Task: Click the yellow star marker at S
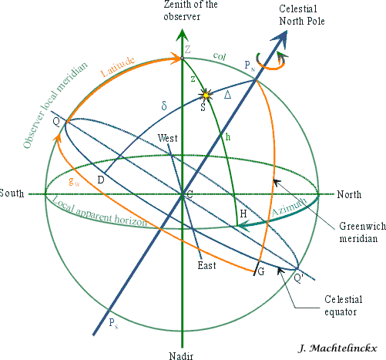click(x=206, y=96)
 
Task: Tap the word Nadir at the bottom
click(x=181, y=356)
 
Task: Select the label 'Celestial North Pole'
click(x=302, y=15)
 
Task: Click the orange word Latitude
click(x=118, y=66)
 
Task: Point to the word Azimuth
click(x=289, y=207)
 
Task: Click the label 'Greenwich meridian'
click(x=362, y=232)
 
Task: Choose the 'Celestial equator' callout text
click(x=344, y=305)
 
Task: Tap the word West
click(x=167, y=138)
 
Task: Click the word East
click(x=206, y=265)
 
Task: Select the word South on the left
click(x=12, y=193)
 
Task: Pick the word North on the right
click(x=349, y=194)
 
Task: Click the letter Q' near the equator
click(x=299, y=278)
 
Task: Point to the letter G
click(x=261, y=271)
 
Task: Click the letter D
click(x=101, y=180)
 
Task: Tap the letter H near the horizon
click(x=243, y=214)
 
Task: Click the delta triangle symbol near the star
click(x=227, y=95)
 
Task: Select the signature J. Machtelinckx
click(x=337, y=348)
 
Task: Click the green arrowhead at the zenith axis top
click(x=182, y=35)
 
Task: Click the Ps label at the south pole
click(x=113, y=323)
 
